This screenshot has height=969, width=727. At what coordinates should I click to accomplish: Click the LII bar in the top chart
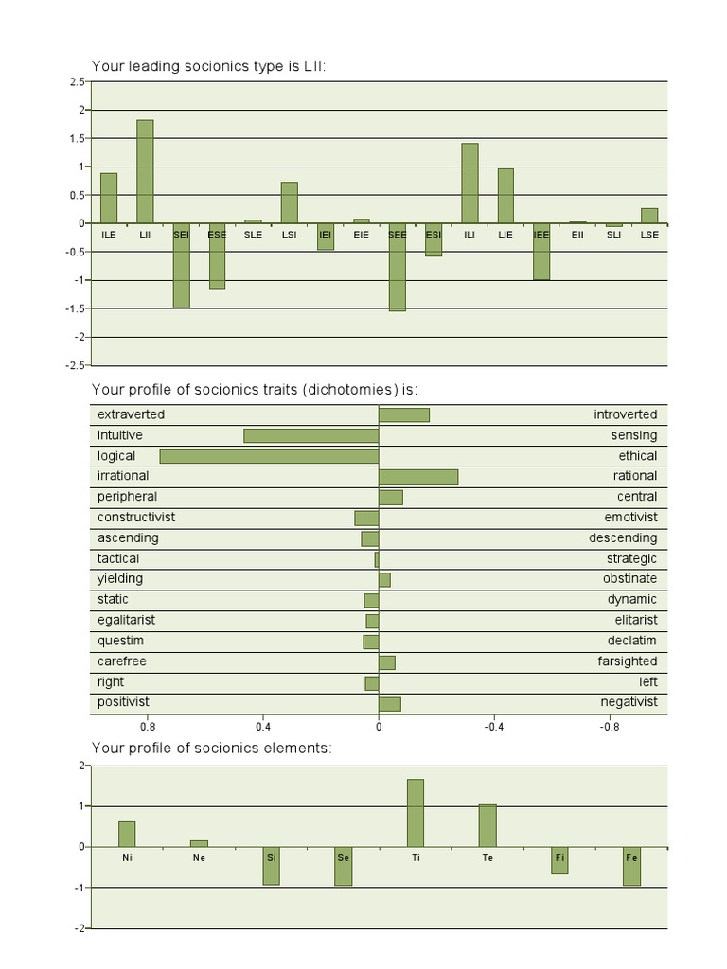(145, 171)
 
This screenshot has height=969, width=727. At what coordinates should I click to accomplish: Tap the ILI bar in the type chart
(470, 183)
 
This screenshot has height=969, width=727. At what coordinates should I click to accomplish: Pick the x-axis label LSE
(648, 234)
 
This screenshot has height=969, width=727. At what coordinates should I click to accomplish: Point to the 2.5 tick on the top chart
(77, 82)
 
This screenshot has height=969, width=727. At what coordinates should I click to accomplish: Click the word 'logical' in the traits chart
(116, 456)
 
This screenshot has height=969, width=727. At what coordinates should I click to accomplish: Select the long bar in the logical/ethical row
(269, 456)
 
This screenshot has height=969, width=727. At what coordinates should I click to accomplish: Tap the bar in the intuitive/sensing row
(310, 435)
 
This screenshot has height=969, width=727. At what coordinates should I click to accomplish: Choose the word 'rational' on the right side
(634, 476)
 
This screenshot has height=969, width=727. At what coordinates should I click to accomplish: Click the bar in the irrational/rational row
(418, 476)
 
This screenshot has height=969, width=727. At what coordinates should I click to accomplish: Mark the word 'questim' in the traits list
(119, 641)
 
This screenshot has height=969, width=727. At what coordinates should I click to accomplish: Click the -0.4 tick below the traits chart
(494, 728)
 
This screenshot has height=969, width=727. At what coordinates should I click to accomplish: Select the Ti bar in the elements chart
(415, 813)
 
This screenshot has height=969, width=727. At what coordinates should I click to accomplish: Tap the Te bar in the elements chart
(488, 825)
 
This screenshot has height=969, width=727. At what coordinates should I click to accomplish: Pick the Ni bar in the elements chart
(127, 834)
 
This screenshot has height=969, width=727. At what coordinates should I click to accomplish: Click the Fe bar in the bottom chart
(631, 866)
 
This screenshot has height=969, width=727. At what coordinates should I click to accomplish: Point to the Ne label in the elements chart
(199, 857)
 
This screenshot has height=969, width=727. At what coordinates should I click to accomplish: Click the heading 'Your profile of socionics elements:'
(211, 748)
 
